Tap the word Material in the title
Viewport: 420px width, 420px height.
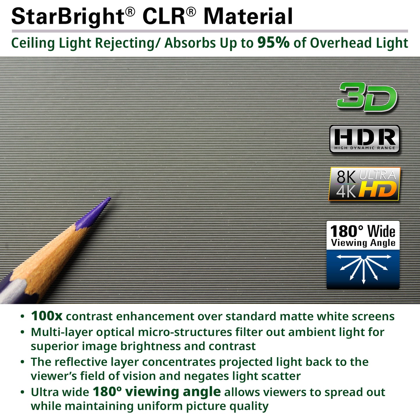[248, 17]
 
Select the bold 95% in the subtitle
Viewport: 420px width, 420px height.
[273, 42]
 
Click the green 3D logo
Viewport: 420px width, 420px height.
[367, 97]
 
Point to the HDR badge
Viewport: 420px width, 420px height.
[364, 139]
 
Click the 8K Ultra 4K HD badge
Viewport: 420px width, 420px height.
[364, 184]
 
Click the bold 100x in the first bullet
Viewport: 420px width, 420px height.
[47, 316]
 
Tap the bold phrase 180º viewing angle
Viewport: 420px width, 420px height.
[157, 392]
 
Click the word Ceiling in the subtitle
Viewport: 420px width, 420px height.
[33, 43]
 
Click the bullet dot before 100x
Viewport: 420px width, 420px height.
[22, 317]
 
